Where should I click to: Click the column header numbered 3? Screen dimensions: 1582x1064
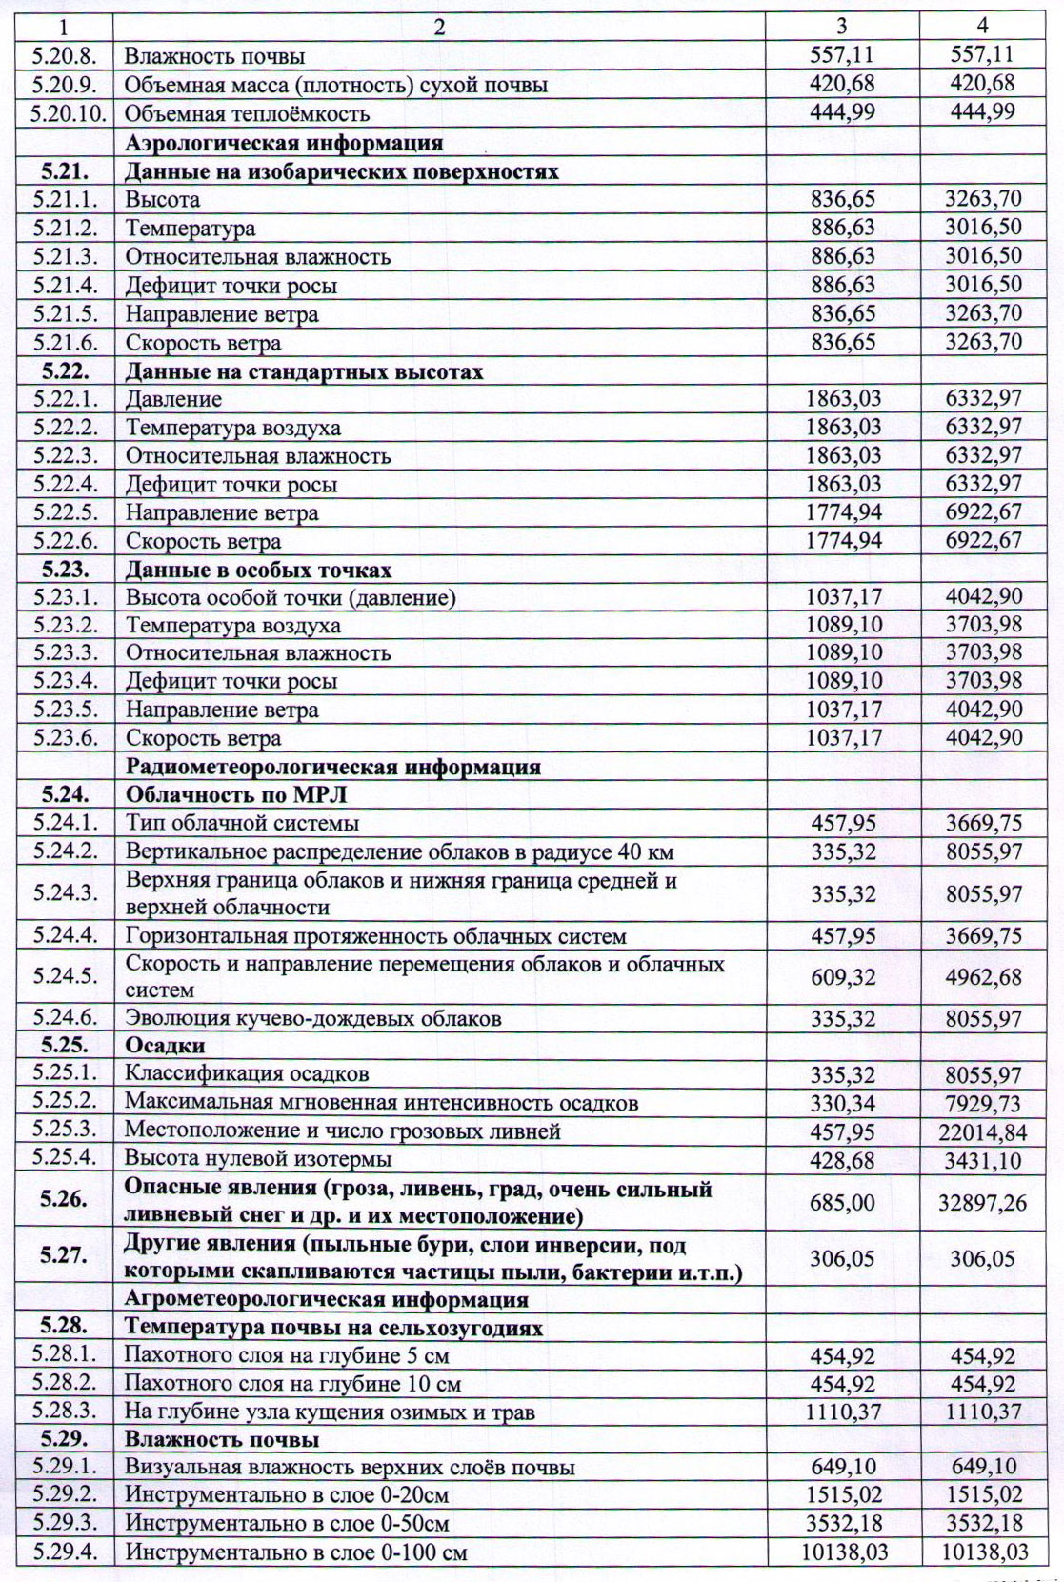tap(842, 27)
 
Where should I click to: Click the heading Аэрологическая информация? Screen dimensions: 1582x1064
tap(284, 143)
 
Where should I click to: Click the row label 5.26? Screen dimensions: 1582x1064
tap(65, 1202)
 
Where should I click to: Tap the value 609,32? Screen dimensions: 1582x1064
tap(843, 977)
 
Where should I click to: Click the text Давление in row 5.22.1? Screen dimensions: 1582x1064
tap(174, 399)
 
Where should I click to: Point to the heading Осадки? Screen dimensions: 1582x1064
tap(165, 1046)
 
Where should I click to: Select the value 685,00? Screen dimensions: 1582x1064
tap(843, 1202)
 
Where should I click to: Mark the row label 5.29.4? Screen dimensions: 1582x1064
tap(65, 1552)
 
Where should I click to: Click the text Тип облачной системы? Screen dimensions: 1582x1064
tap(243, 823)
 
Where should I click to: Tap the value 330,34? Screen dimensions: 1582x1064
tap(843, 1103)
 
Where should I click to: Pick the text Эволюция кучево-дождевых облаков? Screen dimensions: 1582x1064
tap(313, 1018)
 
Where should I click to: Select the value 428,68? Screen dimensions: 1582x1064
tap(843, 1159)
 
